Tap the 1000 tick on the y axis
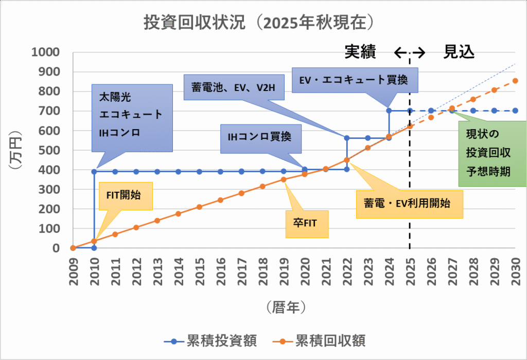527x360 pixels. (x=45, y=52)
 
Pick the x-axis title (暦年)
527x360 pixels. (x=287, y=307)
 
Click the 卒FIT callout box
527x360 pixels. (x=307, y=224)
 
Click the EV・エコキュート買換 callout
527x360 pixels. (x=355, y=80)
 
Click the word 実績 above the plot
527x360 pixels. (x=361, y=52)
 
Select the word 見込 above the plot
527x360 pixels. (x=459, y=52)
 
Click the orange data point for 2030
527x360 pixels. (x=515, y=81)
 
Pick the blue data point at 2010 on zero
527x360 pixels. (x=94, y=248)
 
